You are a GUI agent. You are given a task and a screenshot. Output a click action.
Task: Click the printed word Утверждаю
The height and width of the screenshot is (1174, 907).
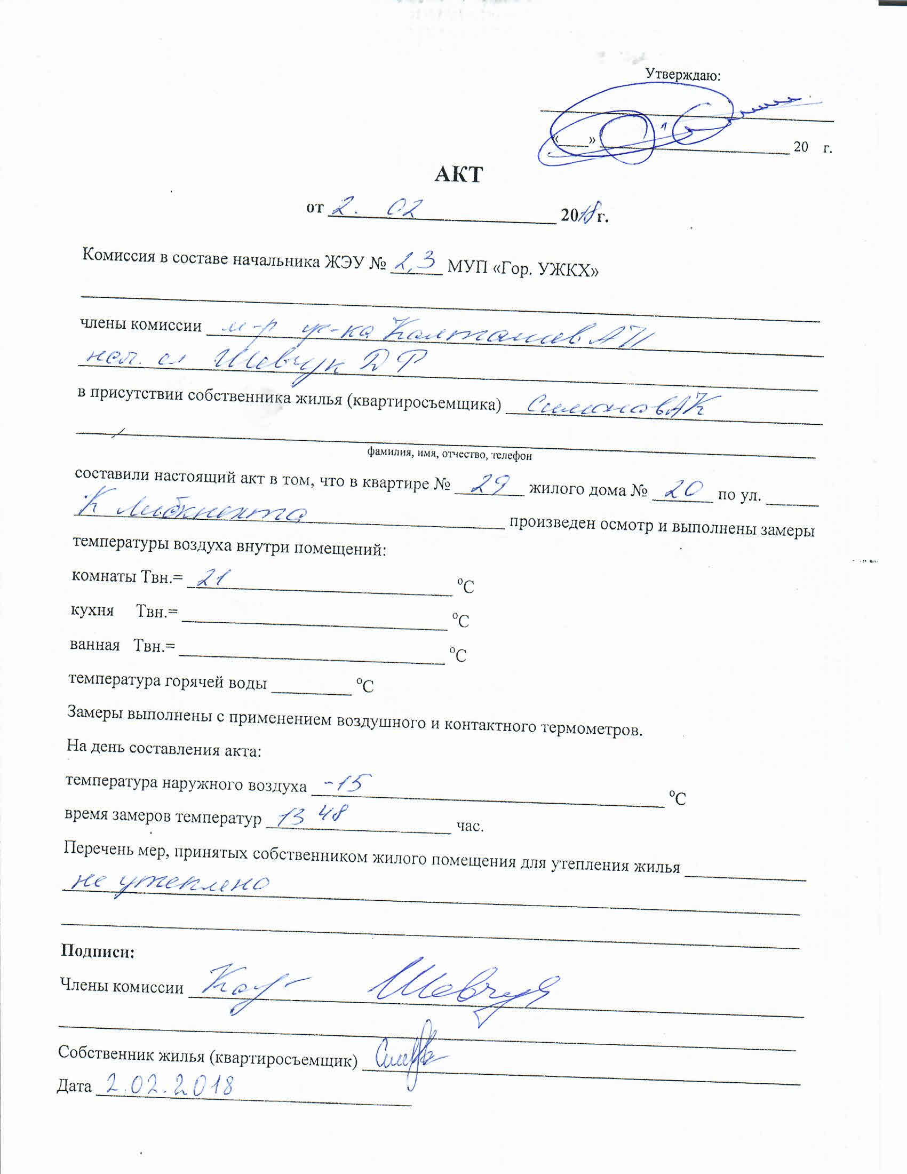(x=682, y=75)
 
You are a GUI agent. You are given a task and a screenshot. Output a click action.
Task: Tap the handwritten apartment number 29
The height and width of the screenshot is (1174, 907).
(x=488, y=485)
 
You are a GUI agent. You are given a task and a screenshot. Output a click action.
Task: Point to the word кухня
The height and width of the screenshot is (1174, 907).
(x=92, y=610)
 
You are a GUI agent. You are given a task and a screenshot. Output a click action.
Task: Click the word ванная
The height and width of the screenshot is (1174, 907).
(x=94, y=645)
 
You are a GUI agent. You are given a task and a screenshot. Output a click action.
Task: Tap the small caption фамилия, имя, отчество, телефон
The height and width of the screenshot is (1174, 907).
(x=449, y=454)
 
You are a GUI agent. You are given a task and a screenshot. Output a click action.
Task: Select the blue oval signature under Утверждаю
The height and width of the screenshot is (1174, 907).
(x=645, y=129)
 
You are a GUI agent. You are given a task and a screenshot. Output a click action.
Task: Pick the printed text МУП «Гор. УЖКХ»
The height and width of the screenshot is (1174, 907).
(x=522, y=268)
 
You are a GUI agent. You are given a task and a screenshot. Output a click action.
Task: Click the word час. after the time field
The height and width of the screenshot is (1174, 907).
(x=470, y=825)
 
